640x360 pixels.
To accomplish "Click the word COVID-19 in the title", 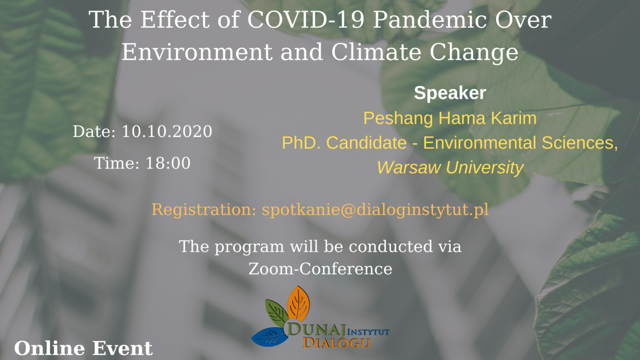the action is pos(306,20).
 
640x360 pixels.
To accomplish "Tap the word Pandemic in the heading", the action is pos(430,20).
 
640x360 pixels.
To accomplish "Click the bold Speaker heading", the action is pos(450,93).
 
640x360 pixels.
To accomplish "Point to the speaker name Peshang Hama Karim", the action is pos(450,118).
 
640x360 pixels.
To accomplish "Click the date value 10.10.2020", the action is pos(167,131).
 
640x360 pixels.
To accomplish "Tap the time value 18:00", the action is pos(168,163).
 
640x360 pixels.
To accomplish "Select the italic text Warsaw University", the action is pos(450,168).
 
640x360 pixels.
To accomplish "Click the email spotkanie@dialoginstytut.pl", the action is pos(375,210).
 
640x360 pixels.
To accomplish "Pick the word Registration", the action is pos(204,210).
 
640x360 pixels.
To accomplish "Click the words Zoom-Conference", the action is pos(320,269).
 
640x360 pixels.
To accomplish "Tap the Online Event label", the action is pos(83,348).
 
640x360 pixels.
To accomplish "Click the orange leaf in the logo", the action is pos(298,304).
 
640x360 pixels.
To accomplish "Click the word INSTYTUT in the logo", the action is pos(368,332).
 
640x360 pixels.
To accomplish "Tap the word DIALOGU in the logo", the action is pos(336,343).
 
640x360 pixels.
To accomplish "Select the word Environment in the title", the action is pos(197,52).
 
